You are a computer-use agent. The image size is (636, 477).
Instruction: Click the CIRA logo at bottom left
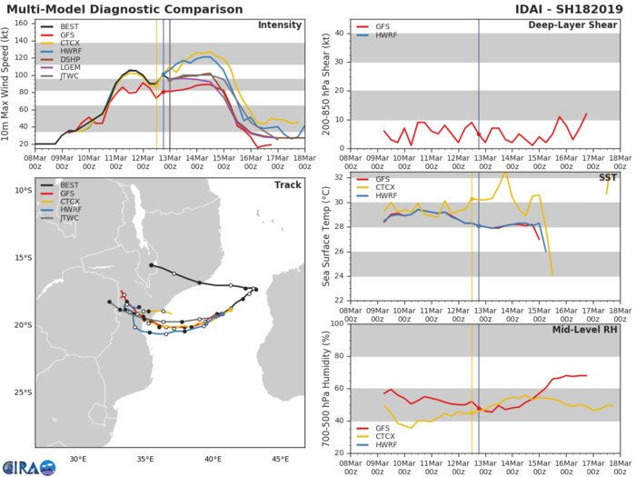tap(28, 466)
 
